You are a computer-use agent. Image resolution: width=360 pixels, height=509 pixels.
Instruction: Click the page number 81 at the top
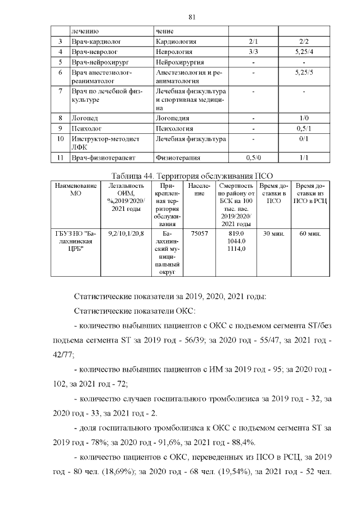point(192,16)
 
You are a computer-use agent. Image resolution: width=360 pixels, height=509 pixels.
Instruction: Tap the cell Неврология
point(173,52)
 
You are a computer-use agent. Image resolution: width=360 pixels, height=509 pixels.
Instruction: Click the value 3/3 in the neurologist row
point(253,52)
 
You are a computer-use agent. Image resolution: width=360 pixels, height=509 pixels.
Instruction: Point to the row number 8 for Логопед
point(60,119)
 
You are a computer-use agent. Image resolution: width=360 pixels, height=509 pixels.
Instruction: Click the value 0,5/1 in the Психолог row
point(304,129)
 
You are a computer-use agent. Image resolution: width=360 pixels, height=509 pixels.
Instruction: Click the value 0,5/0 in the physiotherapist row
point(253,158)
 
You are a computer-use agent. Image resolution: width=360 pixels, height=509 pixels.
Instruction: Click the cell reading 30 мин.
point(273,233)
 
